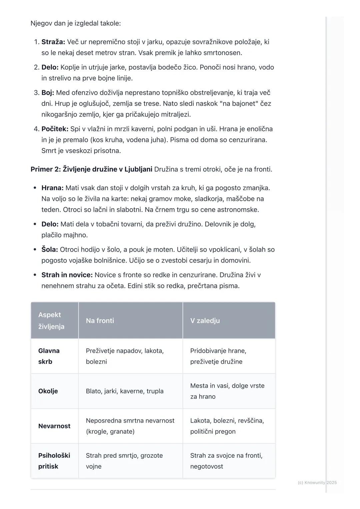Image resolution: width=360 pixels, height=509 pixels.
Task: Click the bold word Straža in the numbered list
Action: (53, 42)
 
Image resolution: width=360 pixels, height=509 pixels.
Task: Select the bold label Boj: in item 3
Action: (48, 93)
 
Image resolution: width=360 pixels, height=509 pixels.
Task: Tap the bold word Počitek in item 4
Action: (55, 129)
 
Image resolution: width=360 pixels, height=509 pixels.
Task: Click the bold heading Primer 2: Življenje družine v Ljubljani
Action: (91, 169)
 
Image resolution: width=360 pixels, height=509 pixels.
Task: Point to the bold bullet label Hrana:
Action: (52, 188)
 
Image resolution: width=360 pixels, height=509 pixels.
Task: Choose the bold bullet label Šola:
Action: (50, 250)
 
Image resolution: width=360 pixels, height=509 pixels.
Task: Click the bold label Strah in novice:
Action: (67, 275)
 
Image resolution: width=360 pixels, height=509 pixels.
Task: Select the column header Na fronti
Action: (100, 320)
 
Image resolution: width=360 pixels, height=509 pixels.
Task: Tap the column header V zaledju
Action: (205, 320)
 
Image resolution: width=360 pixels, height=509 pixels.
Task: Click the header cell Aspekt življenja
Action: (51, 320)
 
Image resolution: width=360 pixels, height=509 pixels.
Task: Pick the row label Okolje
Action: (48, 391)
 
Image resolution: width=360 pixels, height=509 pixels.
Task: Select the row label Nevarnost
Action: (54, 426)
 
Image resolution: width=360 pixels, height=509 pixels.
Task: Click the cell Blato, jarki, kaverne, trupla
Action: (125, 391)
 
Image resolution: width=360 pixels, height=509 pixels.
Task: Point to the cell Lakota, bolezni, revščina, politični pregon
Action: (227, 426)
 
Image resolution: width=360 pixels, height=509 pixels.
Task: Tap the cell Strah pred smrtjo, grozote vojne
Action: (124, 461)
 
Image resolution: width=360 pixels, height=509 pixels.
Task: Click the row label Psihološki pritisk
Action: (54, 461)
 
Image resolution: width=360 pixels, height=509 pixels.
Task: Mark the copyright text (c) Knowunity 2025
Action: (317, 482)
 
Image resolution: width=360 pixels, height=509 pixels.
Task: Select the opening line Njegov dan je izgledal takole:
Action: (76, 23)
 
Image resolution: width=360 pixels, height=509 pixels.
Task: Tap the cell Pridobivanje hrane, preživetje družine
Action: (218, 356)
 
